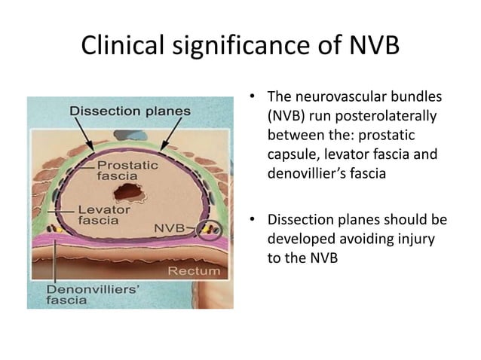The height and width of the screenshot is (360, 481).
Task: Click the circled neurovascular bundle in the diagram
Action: [x=212, y=228]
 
